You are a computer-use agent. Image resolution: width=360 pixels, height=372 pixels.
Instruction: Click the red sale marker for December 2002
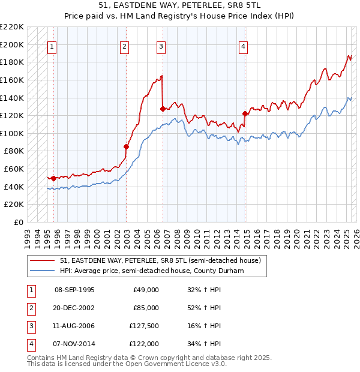click(127, 146)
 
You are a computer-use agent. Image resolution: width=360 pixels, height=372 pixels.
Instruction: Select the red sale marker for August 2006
click(163, 109)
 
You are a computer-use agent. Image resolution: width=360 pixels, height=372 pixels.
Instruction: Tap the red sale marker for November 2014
click(245, 113)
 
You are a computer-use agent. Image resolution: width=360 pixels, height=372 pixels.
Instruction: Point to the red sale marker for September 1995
click(53, 178)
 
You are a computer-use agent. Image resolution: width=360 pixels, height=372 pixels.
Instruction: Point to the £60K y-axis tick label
click(14, 169)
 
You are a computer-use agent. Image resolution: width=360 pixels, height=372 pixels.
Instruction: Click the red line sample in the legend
click(44, 261)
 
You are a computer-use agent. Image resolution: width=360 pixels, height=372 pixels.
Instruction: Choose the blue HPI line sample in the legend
click(44, 271)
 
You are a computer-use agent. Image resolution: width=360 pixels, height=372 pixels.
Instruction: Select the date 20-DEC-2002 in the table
click(74, 308)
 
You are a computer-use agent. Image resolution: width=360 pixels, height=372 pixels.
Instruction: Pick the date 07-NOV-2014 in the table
click(74, 344)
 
